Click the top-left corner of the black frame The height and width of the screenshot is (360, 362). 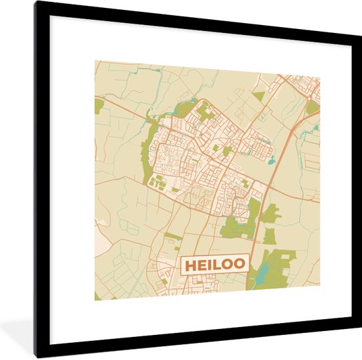click(x=37, y=3)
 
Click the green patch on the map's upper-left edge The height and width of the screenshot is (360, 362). click(x=99, y=106)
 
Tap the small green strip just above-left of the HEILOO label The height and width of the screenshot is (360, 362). click(x=173, y=235)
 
